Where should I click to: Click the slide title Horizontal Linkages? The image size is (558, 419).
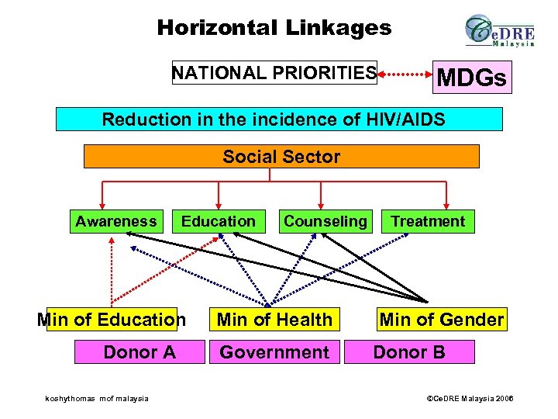[274, 29]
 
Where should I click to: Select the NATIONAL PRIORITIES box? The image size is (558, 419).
[274, 73]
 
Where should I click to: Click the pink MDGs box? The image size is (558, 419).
[472, 78]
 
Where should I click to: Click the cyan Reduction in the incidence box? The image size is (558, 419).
[279, 119]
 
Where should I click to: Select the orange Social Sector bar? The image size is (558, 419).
[281, 157]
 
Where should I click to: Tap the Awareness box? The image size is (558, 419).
[116, 221]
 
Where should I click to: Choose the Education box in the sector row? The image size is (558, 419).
[219, 221]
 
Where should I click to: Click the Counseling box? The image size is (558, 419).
[325, 221]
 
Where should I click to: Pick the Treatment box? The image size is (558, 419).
[428, 221]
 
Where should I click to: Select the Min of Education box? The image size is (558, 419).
[112, 319]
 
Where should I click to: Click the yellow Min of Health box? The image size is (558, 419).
[274, 319]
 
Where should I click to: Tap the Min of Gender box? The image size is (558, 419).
[441, 319]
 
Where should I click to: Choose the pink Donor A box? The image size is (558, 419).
[139, 352]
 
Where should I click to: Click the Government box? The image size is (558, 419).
[274, 352]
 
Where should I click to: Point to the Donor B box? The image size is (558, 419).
[409, 352]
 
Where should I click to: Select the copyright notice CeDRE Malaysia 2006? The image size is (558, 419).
[471, 399]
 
